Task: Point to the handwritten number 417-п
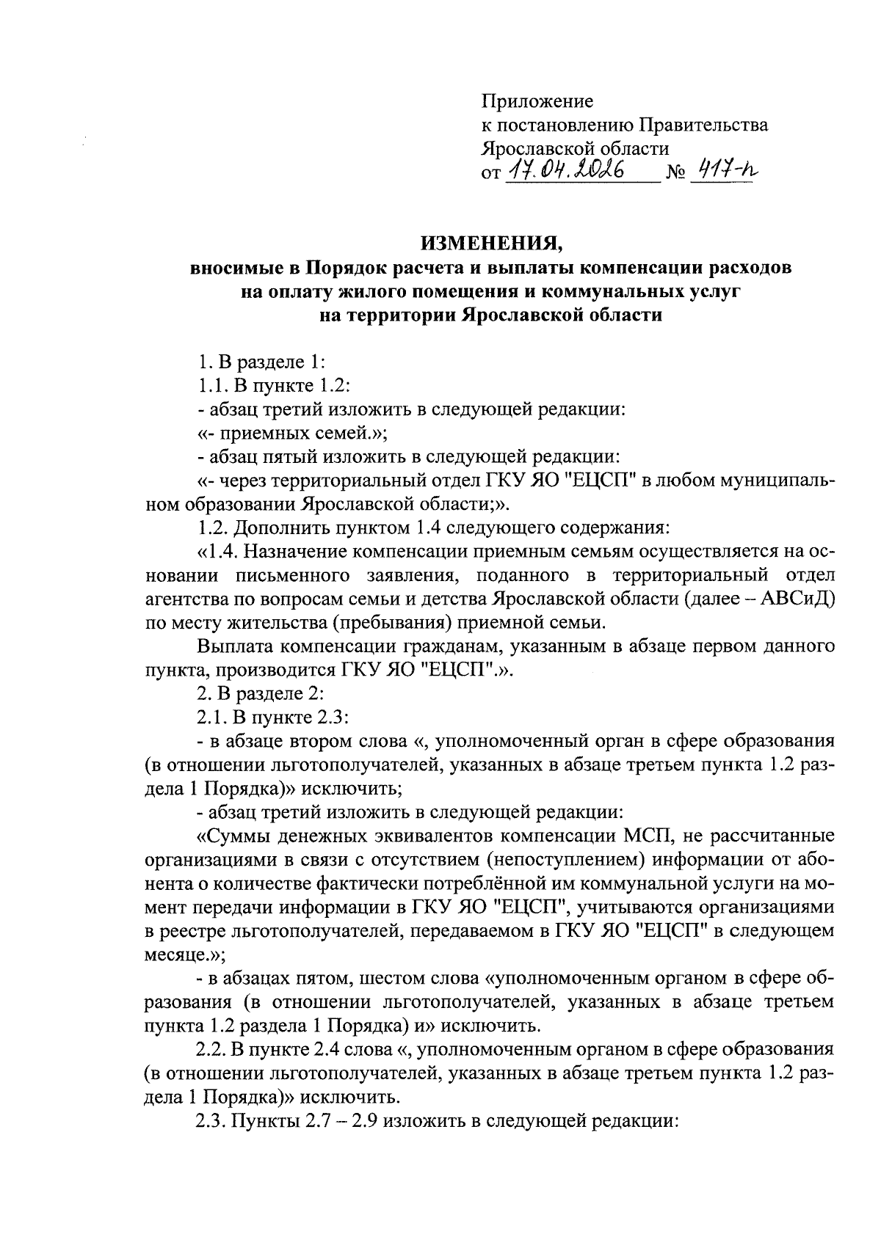click(724, 171)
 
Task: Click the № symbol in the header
click(675, 173)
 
